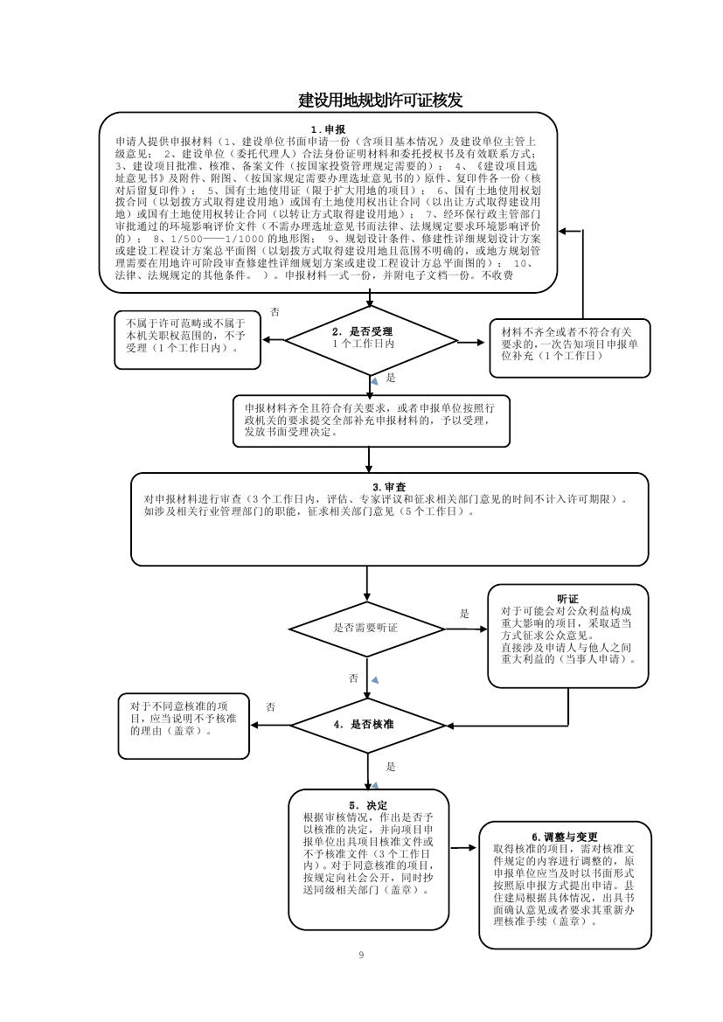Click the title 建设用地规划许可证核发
point(380,101)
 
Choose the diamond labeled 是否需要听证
point(365,628)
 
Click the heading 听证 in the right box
point(568,599)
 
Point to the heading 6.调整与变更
point(565,837)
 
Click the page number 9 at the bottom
point(361,954)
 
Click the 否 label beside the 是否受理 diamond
point(275,312)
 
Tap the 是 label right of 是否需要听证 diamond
point(464,614)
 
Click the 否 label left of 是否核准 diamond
point(271,706)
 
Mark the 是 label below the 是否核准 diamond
point(390,767)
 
